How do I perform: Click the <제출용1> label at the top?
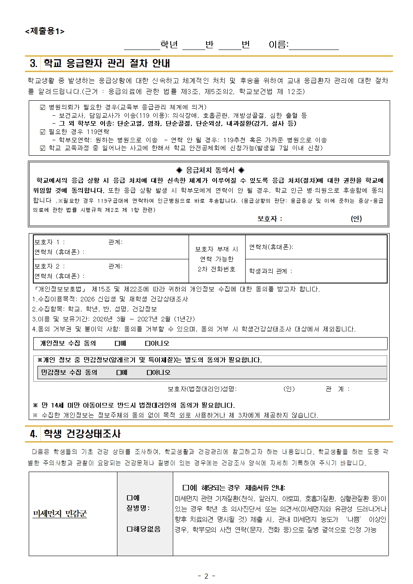(45, 31)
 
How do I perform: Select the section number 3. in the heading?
(34, 64)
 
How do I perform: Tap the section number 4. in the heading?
(34, 434)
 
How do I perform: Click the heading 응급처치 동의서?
(210, 170)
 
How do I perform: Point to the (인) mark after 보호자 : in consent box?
(356, 219)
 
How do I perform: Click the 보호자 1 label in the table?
(49, 242)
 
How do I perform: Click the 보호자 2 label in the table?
(49, 266)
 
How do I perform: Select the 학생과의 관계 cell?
(271, 271)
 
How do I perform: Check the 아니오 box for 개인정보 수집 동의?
(147, 343)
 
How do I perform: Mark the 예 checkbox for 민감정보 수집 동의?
(119, 373)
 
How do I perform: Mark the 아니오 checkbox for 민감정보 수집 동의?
(149, 373)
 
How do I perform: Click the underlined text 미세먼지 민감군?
(60, 514)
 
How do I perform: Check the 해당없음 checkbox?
(129, 529)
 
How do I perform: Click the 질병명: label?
(138, 508)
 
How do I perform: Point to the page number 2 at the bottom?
(206, 576)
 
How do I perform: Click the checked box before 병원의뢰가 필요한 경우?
(42, 107)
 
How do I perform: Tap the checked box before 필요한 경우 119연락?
(42, 132)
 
